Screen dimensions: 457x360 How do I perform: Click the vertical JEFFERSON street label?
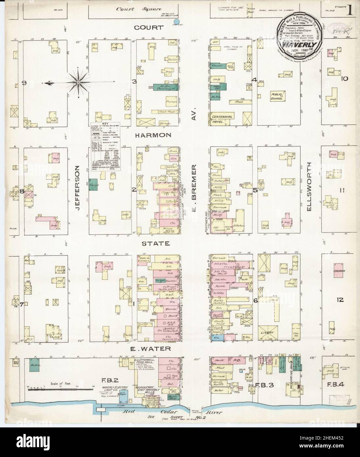pyautogui.click(x=78, y=185)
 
